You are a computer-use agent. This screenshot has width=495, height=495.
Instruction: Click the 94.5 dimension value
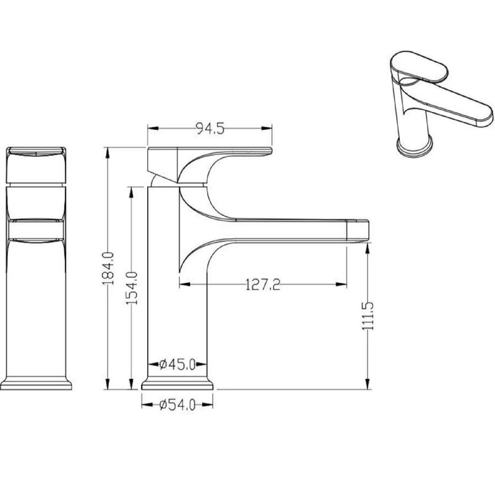(210, 129)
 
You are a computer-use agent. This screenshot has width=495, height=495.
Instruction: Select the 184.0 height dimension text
(108, 269)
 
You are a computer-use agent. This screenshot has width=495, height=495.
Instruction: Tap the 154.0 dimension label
(132, 288)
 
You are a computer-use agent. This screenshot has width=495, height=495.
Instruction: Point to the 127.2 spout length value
(262, 285)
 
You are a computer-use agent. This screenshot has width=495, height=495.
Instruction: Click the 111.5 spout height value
(368, 316)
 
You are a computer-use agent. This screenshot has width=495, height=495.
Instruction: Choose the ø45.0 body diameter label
(178, 364)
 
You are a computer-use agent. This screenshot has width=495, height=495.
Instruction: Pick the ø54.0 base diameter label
(178, 405)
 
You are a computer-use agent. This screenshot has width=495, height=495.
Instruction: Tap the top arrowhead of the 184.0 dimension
(108, 153)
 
